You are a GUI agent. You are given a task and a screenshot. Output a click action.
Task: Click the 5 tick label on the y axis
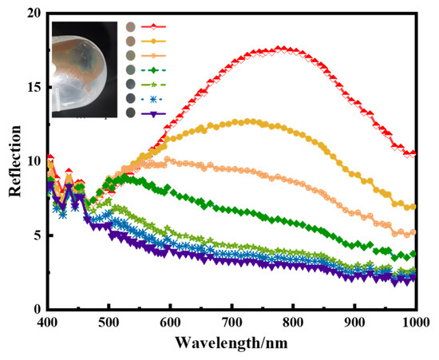34,235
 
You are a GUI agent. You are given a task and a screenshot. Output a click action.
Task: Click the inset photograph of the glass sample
85,70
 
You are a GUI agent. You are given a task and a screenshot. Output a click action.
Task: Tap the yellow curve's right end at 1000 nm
412,207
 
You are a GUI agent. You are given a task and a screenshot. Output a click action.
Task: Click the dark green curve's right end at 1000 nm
412,254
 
